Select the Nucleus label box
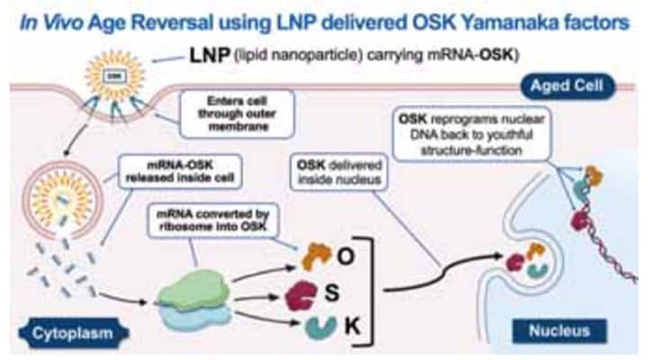[560, 330]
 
